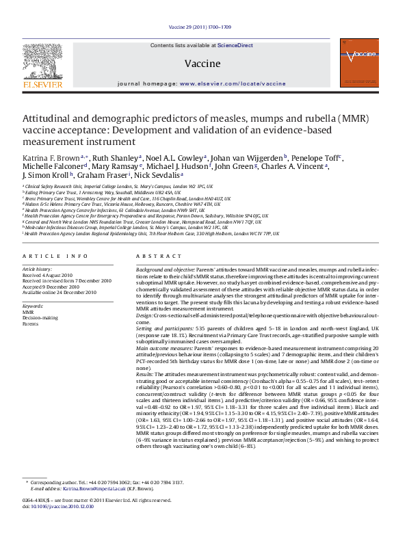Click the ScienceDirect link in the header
click(x=235, y=45)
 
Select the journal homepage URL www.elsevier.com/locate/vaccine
click(x=233, y=83)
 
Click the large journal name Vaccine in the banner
click(x=202, y=64)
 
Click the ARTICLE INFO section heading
click(x=55, y=256)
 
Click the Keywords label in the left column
click(x=34, y=306)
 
